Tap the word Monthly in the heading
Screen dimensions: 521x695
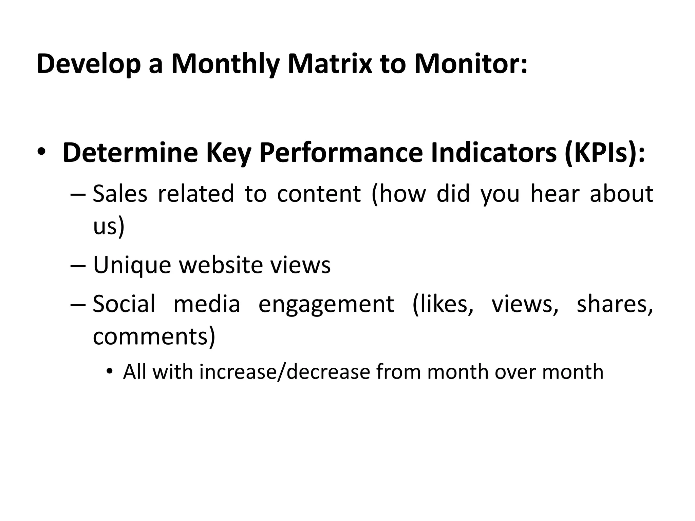[225, 64]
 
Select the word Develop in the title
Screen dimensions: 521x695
[89, 64]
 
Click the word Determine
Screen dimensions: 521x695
[130, 153]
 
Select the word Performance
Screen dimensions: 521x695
[341, 153]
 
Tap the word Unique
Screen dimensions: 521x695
[132, 266]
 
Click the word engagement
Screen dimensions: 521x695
[326, 304]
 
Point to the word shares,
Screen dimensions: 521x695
[615, 304]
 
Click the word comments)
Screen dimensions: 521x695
[154, 336]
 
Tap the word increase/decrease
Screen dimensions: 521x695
[285, 372]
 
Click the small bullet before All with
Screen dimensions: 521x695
[109, 372]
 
